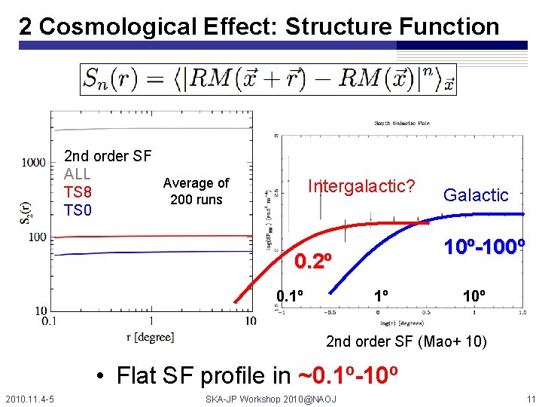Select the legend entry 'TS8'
(78, 192)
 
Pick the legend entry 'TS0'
(78, 210)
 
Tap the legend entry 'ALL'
(78, 174)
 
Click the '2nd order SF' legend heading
(108, 156)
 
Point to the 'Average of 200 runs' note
(196, 191)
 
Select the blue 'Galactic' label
(476, 195)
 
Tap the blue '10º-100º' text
(483, 246)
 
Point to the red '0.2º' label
(313, 262)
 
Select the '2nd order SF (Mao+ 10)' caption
(406, 343)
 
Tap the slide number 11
(530, 397)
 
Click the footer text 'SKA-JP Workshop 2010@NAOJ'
(271, 397)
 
